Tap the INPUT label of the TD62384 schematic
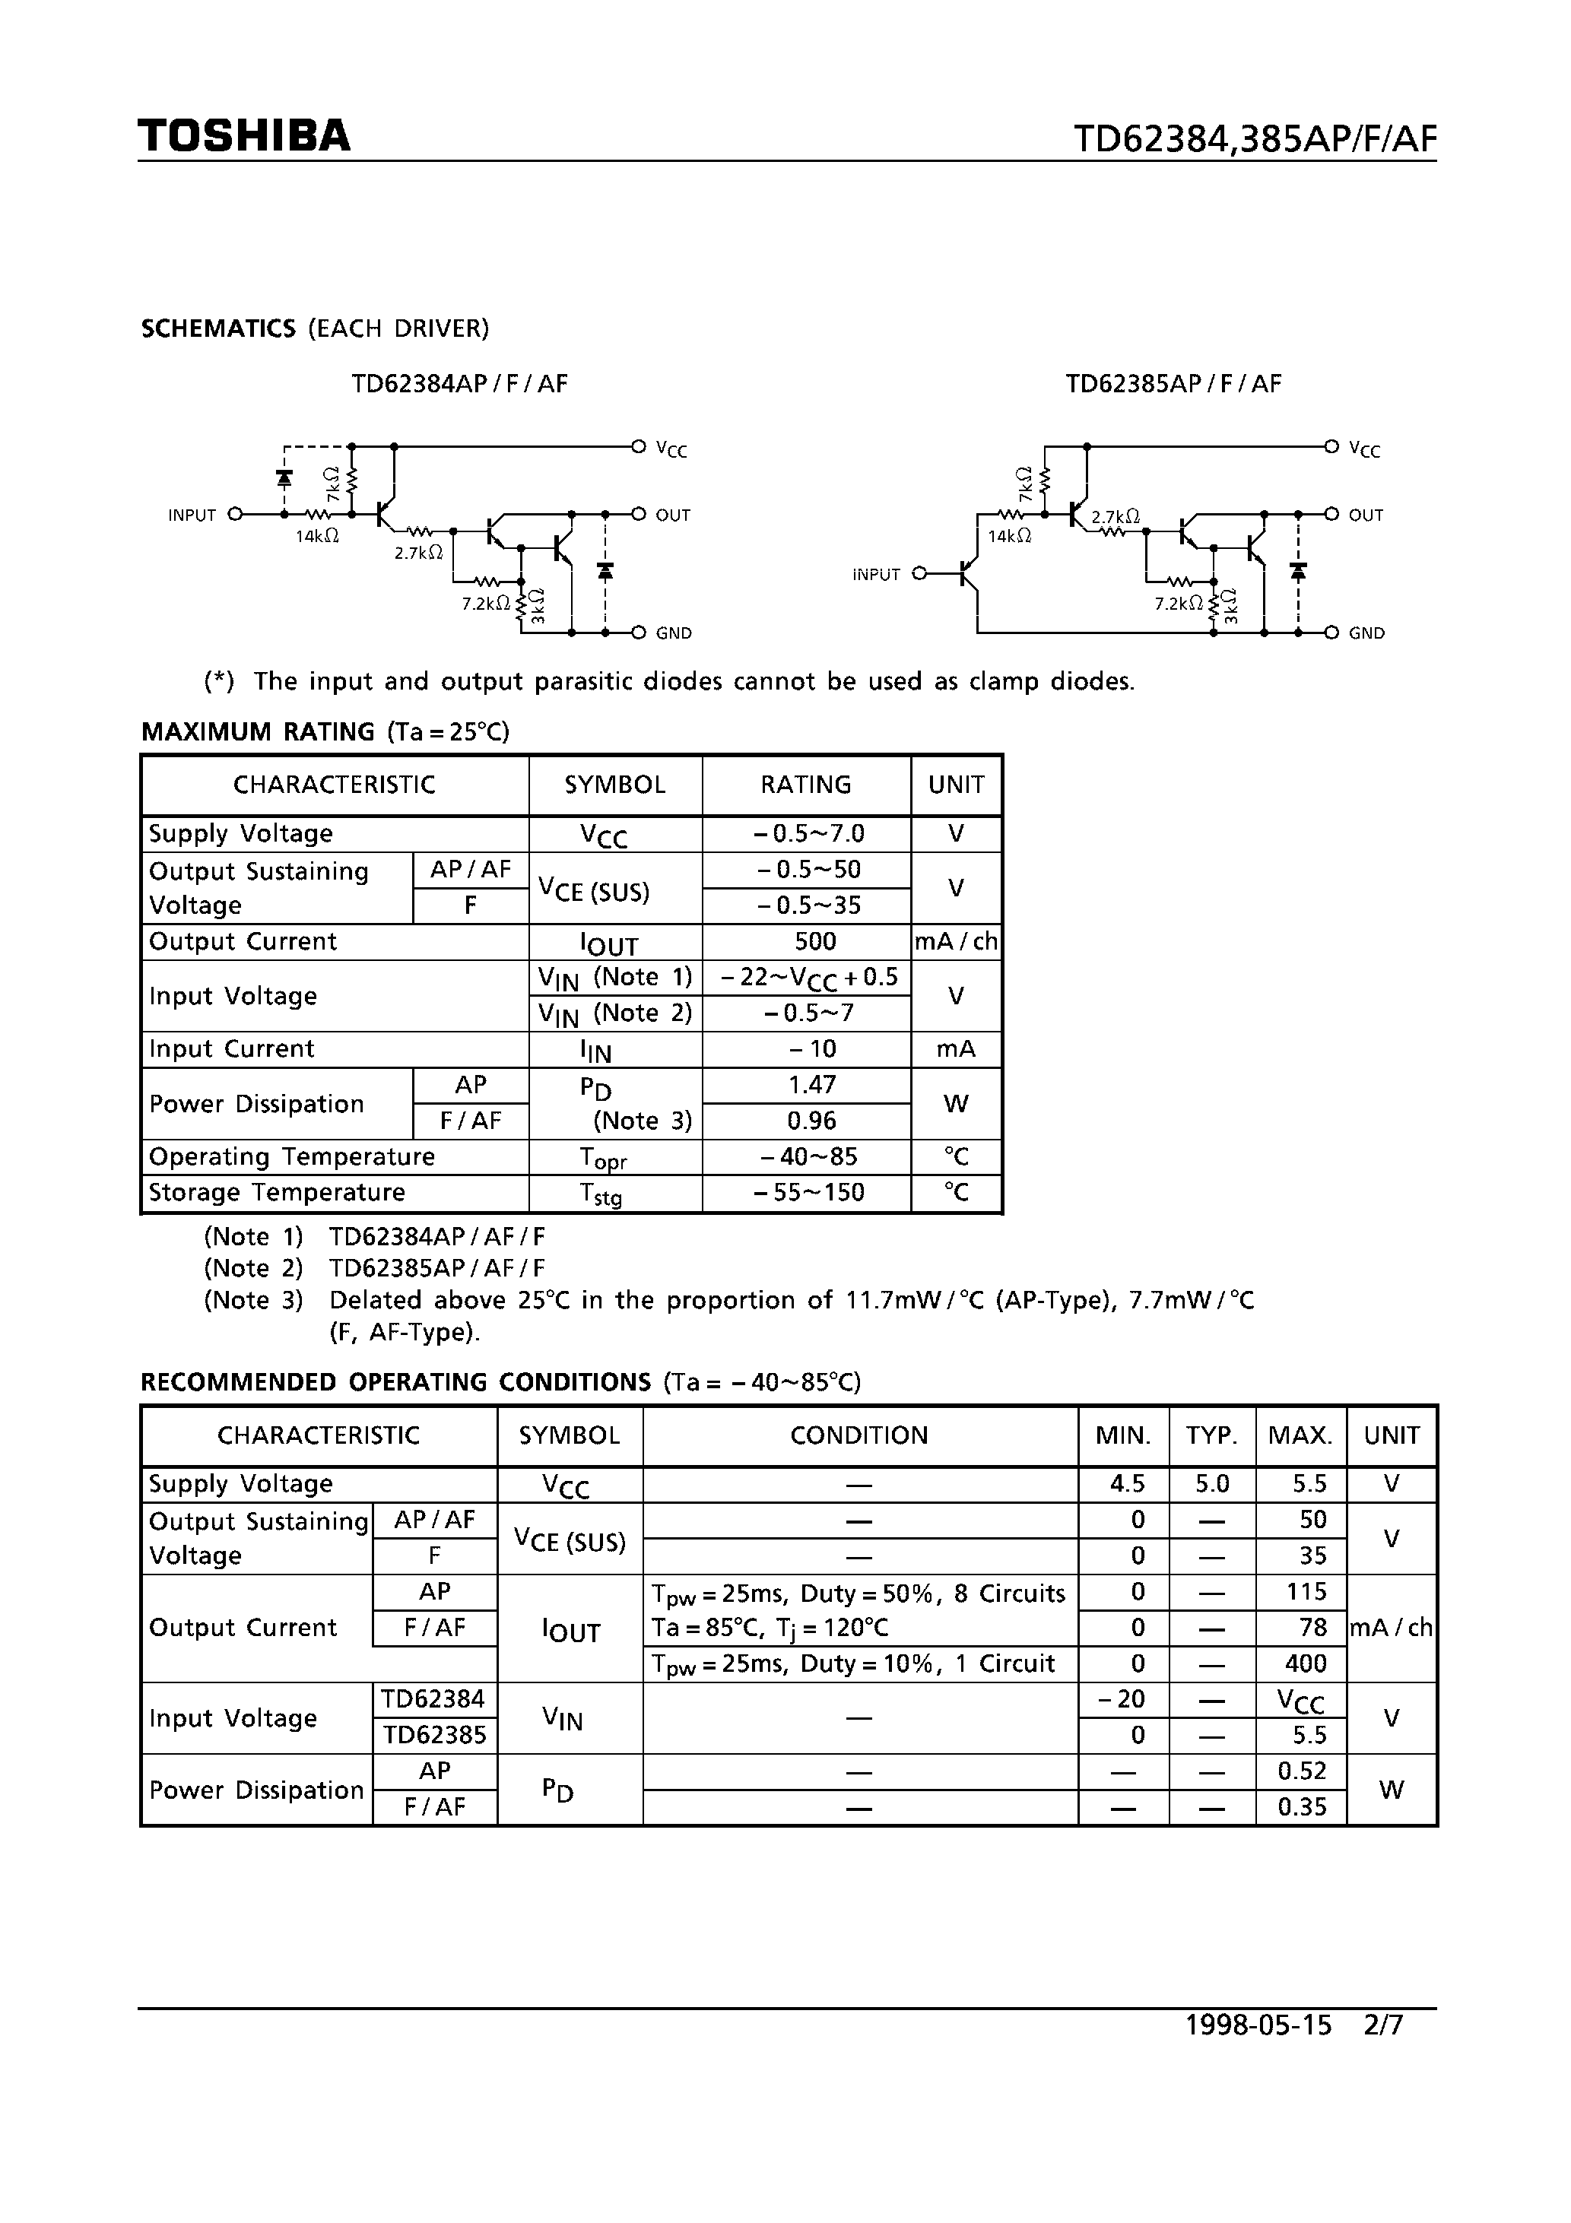click(x=192, y=515)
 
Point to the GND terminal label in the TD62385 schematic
click(x=1366, y=633)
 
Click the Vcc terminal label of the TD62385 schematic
click(x=1363, y=449)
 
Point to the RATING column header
click(x=805, y=785)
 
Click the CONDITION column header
click(x=859, y=1435)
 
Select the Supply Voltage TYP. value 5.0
click(x=1211, y=1484)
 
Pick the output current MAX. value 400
click(x=1305, y=1663)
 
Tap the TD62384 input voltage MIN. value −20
click(x=1122, y=1699)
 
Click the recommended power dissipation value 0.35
click(x=1302, y=1806)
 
